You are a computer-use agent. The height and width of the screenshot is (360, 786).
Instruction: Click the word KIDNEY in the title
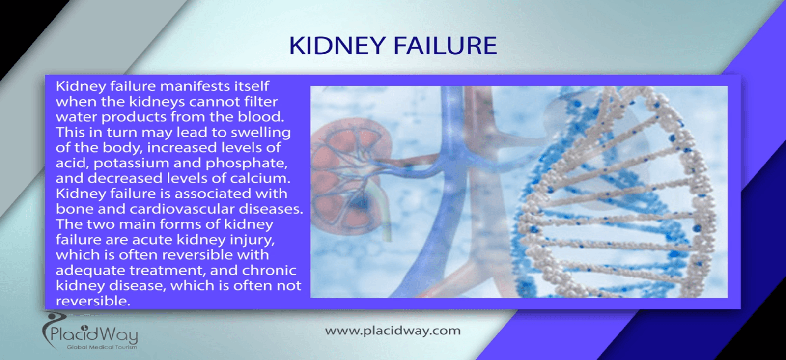point(337,46)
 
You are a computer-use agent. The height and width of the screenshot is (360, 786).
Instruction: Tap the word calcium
point(260,179)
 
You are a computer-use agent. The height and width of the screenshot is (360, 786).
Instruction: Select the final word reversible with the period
point(93,301)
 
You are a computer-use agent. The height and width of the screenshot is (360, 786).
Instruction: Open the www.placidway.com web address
point(393,331)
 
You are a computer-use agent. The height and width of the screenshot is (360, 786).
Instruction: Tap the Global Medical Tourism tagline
point(102,347)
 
